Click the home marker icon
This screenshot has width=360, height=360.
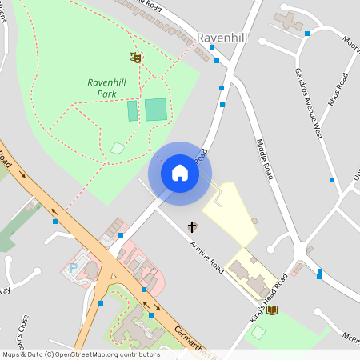point(179,172)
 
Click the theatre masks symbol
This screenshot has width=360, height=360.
point(135,57)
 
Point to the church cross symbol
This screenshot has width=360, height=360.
point(192,227)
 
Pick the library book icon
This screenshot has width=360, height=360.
point(272,310)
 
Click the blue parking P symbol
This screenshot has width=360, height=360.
point(74,269)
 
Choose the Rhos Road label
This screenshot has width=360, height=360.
point(342,90)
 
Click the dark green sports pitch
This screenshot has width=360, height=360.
point(156,110)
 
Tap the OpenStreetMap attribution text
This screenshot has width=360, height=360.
point(80,354)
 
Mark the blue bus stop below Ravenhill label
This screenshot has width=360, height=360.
point(213,47)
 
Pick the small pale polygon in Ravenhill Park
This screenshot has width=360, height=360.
point(118,147)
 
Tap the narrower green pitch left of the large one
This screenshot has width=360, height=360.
point(132,110)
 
